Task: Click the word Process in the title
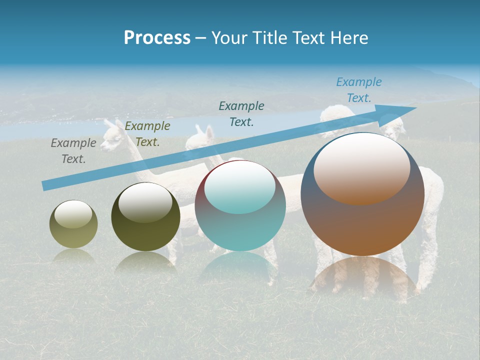(x=157, y=38)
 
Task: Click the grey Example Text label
(x=73, y=151)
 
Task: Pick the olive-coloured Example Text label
(x=147, y=134)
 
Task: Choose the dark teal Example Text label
(x=241, y=113)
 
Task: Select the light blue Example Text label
(x=358, y=90)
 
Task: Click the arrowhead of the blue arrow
(x=400, y=111)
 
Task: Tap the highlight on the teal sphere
(x=239, y=185)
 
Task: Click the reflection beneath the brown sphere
(x=362, y=275)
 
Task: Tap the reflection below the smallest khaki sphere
(x=73, y=256)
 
